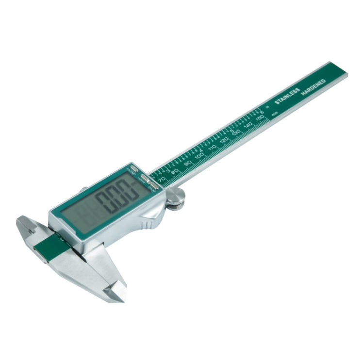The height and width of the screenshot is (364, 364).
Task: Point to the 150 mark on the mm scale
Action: tap(260, 118)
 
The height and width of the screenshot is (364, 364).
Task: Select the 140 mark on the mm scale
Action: tap(248, 124)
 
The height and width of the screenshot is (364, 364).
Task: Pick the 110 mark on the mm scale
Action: tap(212, 147)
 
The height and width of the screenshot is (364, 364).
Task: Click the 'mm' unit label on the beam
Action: tap(275, 114)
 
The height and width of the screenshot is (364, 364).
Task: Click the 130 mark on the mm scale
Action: tap(236, 132)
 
